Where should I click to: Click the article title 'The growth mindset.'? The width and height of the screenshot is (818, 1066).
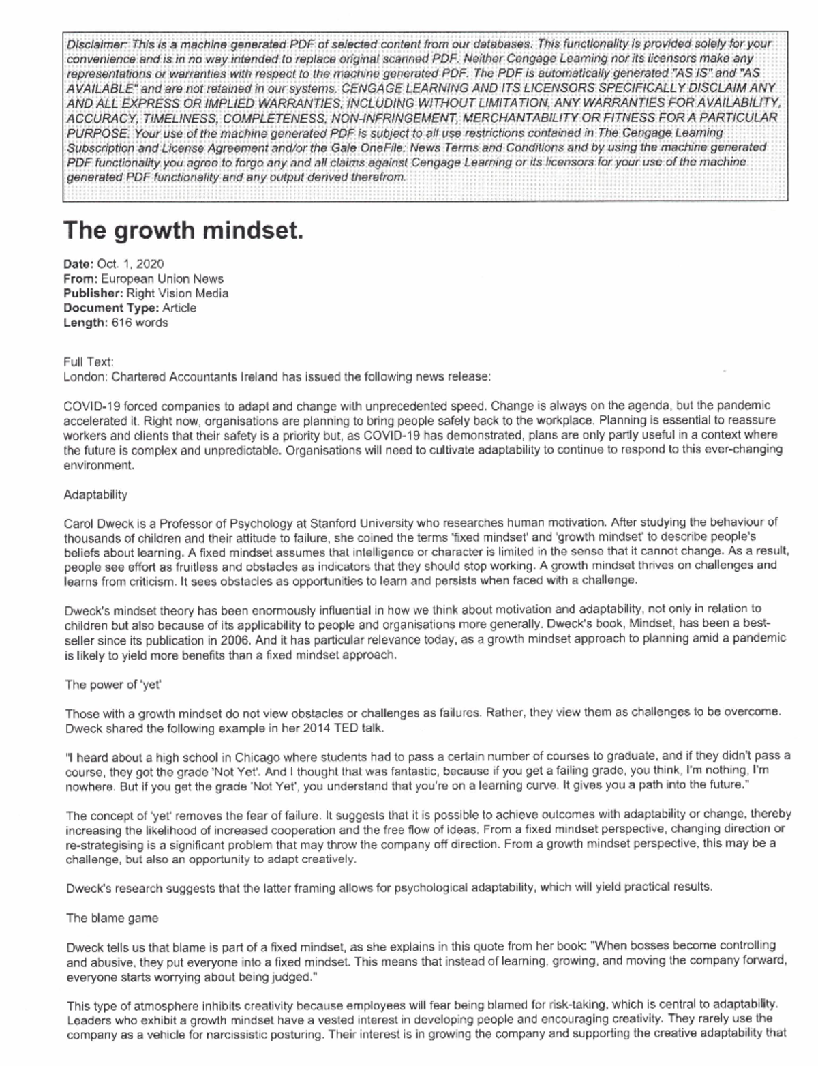pyautogui.click(x=183, y=231)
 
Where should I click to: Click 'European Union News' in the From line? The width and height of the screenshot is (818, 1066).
pyautogui.click(x=162, y=279)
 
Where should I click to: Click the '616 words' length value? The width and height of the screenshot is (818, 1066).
pyautogui.click(x=139, y=323)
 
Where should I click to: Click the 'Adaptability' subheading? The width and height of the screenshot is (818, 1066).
pyautogui.click(x=95, y=494)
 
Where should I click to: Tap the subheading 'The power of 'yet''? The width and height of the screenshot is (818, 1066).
pyautogui.click(x=112, y=685)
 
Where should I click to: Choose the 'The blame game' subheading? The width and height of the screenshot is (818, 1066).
pyautogui.click(x=112, y=918)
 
